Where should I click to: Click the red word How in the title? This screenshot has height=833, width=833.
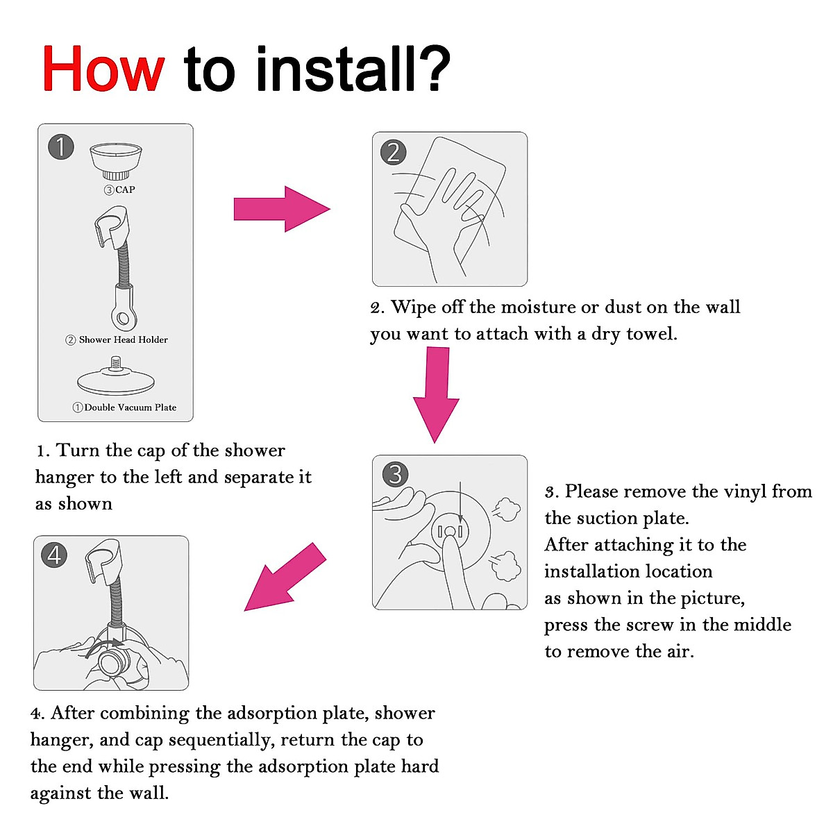click(103, 69)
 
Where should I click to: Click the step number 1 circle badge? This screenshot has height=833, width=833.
click(61, 147)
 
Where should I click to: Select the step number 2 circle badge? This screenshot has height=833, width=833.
click(394, 152)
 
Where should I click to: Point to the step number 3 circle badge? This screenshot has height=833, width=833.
click(395, 474)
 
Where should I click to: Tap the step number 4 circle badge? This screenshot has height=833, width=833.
click(54, 555)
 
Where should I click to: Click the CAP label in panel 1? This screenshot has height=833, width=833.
click(126, 190)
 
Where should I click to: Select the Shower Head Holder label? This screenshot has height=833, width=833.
click(123, 339)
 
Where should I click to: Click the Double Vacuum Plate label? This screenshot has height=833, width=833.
click(130, 407)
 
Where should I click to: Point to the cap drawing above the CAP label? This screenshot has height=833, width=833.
click(116, 161)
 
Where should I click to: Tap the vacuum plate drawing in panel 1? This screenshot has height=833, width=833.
click(116, 376)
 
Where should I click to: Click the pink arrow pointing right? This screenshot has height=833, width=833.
click(282, 209)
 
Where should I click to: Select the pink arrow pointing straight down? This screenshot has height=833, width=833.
click(436, 395)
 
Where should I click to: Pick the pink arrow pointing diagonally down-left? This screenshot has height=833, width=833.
click(285, 577)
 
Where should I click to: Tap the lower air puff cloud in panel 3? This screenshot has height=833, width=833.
click(506, 566)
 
